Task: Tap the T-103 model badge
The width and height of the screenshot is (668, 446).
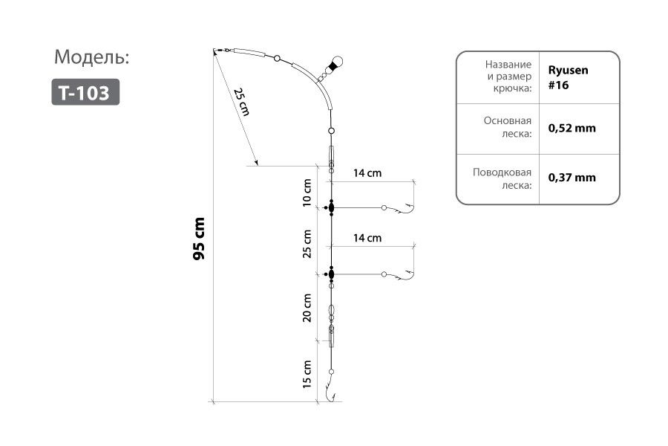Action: point(85,92)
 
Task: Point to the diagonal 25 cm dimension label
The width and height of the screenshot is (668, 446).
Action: point(242,103)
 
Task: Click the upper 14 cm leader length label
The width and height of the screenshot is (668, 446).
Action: point(367,173)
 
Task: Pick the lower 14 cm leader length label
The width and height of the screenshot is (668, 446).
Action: point(367,239)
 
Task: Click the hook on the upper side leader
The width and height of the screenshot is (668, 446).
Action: point(405,210)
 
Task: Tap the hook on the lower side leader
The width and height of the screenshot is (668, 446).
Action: point(405,277)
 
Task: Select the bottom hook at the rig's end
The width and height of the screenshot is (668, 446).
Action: point(331,395)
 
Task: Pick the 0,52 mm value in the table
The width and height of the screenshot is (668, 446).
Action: point(572,128)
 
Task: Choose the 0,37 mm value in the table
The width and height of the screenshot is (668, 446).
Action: point(572,178)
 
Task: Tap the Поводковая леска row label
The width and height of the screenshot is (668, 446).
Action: point(502,178)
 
